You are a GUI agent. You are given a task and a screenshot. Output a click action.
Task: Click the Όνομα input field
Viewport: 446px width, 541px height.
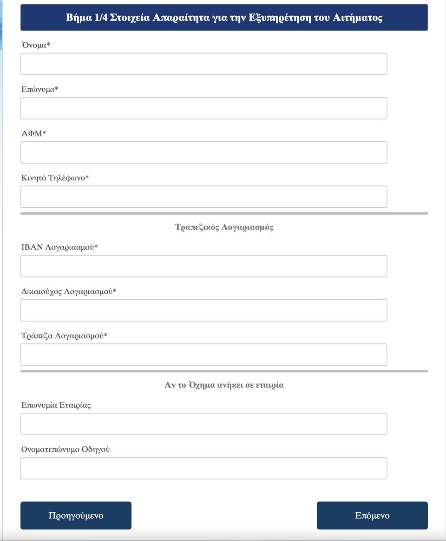pyautogui.click(x=203, y=64)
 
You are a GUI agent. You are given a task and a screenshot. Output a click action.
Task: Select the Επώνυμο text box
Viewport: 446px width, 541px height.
pyautogui.click(x=203, y=108)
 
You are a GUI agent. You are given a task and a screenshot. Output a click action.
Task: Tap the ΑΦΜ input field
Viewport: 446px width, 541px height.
pyautogui.click(x=203, y=152)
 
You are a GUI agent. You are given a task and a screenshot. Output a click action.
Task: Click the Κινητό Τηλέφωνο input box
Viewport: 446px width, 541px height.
pyautogui.click(x=203, y=197)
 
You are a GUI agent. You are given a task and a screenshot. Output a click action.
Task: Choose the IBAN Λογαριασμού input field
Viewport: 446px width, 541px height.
pyautogui.click(x=203, y=266)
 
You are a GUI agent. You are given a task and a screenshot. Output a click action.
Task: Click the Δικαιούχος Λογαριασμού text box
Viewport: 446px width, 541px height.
pyautogui.click(x=203, y=310)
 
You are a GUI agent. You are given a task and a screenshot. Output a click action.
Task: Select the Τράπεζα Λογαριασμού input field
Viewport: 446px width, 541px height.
pyautogui.click(x=203, y=355)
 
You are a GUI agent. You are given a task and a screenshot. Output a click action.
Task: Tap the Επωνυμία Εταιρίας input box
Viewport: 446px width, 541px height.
pyautogui.click(x=203, y=424)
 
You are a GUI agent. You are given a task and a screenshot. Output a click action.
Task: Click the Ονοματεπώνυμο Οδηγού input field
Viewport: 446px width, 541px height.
pyautogui.click(x=203, y=468)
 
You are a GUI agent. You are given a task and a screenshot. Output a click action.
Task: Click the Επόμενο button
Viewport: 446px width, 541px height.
pyautogui.click(x=372, y=515)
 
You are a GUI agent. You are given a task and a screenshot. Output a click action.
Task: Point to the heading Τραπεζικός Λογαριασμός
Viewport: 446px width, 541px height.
pyautogui.click(x=224, y=227)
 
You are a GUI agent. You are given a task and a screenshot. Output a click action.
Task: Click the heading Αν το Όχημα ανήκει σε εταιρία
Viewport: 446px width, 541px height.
pyautogui.click(x=224, y=385)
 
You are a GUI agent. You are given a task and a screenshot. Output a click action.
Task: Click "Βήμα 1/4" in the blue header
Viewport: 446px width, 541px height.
pyautogui.click(x=87, y=18)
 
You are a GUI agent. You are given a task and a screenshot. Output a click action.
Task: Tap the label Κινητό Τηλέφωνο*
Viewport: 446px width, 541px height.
pyautogui.click(x=55, y=178)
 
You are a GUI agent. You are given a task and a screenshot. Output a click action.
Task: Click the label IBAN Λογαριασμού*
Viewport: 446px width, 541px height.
pyautogui.click(x=59, y=247)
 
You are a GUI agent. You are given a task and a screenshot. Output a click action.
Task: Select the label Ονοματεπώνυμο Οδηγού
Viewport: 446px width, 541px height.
pyautogui.click(x=66, y=449)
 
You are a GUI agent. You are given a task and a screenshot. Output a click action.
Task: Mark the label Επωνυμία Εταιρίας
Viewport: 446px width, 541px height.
pyautogui.click(x=56, y=405)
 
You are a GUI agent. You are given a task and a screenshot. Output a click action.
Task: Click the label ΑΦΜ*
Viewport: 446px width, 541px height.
pyautogui.click(x=34, y=134)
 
